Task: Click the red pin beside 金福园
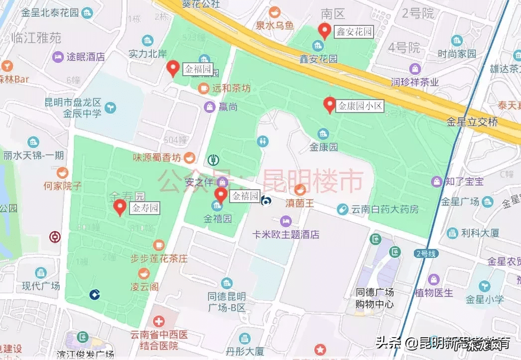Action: click(x=173, y=68)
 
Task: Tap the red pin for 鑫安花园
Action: click(x=325, y=31)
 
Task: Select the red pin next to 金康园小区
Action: click(x=329, y=105)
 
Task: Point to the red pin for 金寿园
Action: click(x=120, y=207)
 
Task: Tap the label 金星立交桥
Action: click(x=472, y=121)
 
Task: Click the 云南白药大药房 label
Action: click(x=385, y=209)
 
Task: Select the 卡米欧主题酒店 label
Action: click(x=286, y=235)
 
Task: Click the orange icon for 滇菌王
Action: click(x=300, y=189)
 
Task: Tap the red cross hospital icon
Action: click(x=159, y=321)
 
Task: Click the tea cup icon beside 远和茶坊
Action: click(x=203, y=88)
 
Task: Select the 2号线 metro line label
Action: click(x=426, y=254)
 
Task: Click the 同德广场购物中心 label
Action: click(x=375, y=298)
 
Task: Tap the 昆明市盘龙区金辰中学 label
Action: click(x=73, y=108)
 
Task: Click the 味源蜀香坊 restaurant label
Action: click(x=156, y=158)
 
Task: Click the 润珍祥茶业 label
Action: click(x=414, y=82)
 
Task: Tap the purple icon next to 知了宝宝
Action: click(x=437, y=181)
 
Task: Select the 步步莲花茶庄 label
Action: click(x=159, y=258)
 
